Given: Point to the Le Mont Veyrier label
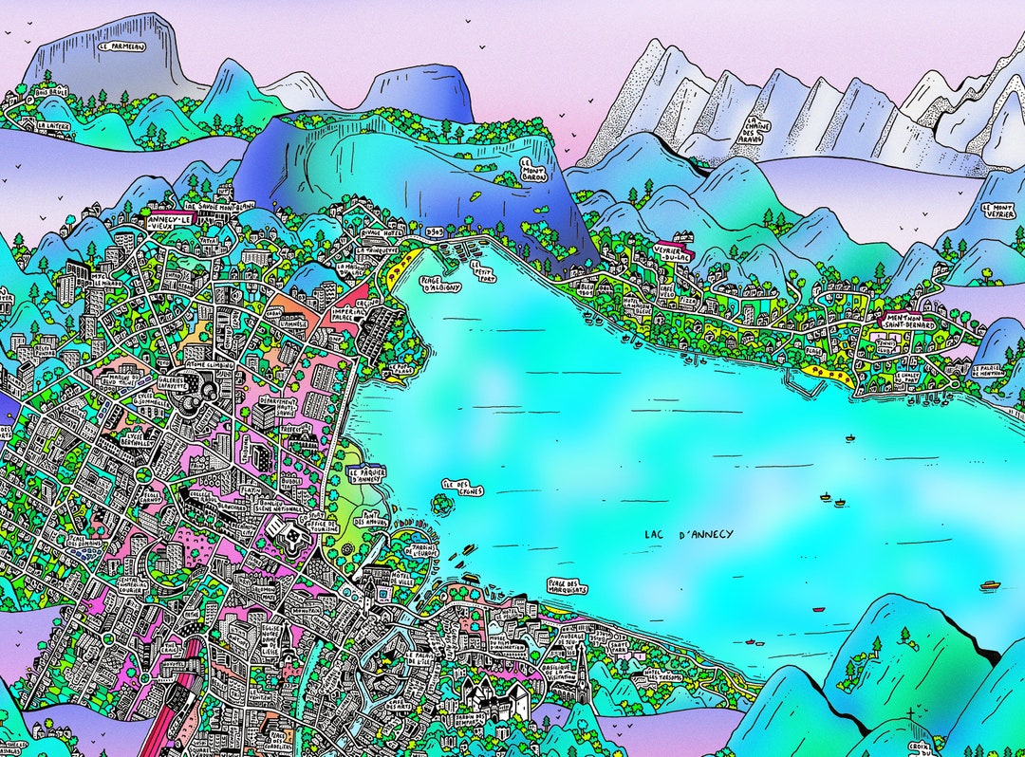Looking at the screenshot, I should click(x=998, y=211).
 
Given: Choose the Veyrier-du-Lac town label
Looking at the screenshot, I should click(x=674, y=252).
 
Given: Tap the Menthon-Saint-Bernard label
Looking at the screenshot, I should click(x=908, y=322).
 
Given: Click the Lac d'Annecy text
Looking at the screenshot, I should click(x=688, y=535).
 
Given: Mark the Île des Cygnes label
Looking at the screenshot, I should click(x=462, y=487).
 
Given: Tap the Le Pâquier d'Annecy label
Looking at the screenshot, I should click(x=366, y=475).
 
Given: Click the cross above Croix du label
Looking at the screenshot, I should click(x=911, y=711).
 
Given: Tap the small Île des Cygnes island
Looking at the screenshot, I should click(x=439, y=505).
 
